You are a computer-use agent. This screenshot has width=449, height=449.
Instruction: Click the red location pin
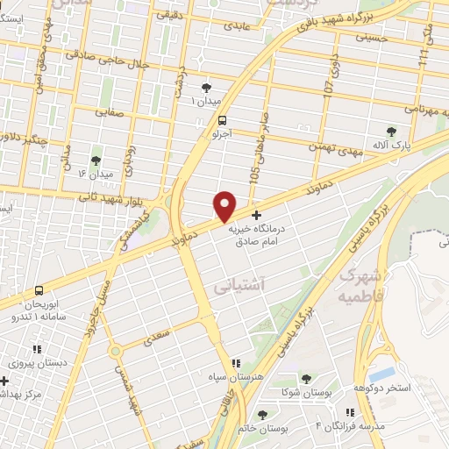click(x=225, y=206)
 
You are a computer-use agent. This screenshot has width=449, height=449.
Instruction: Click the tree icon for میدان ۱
click(x=206, y=87)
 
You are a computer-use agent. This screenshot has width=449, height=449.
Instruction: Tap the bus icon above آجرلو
click(x=222, y=120)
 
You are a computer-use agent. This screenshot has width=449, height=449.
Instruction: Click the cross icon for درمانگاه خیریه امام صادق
click(x=256, y=215)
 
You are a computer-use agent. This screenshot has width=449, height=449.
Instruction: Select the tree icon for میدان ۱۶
click(x=96, y=160)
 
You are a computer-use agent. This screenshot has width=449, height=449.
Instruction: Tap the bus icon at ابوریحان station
click(x=39, y=290)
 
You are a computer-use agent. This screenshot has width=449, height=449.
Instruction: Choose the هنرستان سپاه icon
click(x=235, y=363)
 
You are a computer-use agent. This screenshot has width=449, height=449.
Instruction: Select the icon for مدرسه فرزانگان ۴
click(x=350, y=412)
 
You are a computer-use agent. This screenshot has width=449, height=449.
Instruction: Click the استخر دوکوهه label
click(x=381, y=387)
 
